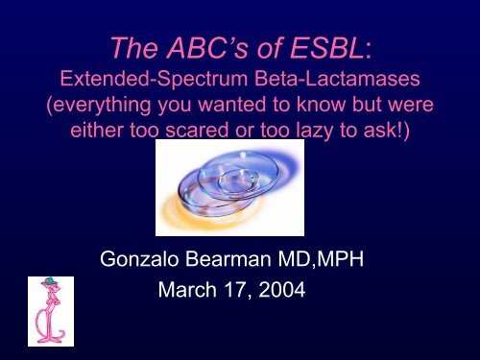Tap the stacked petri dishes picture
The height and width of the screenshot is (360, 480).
(x=239, y=187)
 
